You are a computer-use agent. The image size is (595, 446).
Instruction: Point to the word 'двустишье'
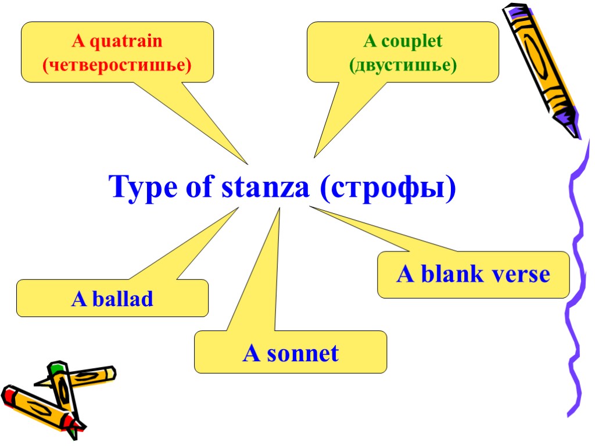tap(403, 65)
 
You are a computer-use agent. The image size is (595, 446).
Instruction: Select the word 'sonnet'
tap(302, 353)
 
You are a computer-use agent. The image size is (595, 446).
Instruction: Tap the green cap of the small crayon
tap(56, 368)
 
